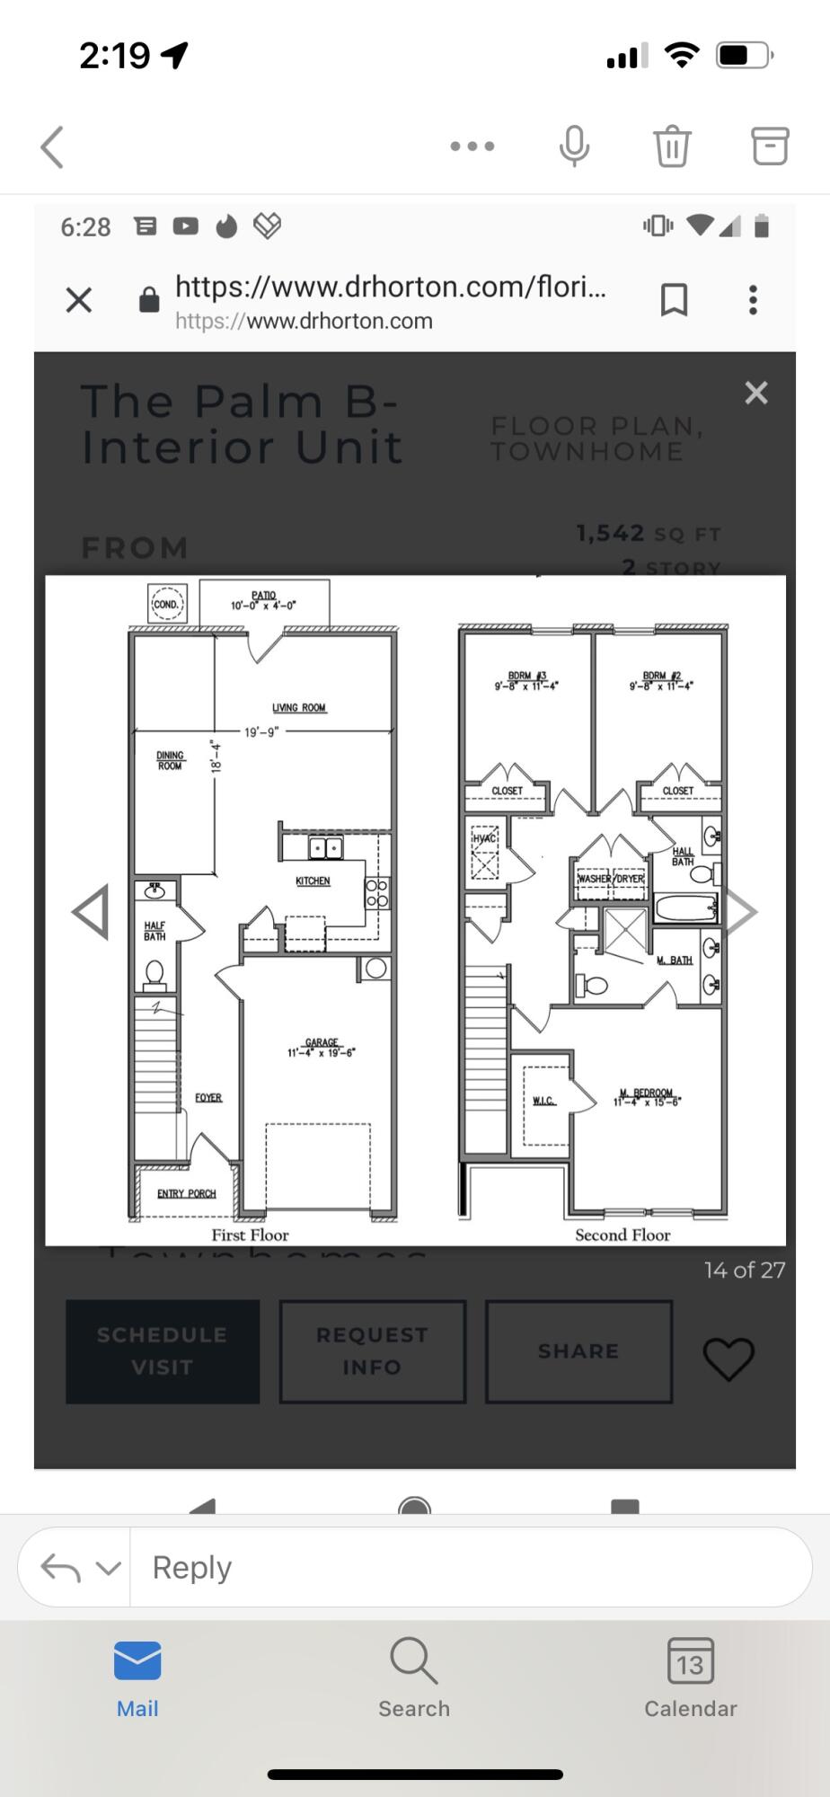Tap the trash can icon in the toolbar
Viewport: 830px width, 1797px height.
(x=672, y=146)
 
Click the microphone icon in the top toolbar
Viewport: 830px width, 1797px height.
(x=574, y=146)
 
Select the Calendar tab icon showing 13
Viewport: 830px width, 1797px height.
(x=690, y=1662)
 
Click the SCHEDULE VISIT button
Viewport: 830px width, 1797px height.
(x=163, y=1350)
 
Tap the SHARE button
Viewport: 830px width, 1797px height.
(x=578, y=1350)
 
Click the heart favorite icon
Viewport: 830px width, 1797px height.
(x=728, y=1358)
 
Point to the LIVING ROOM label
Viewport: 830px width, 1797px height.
(x=299, y=707)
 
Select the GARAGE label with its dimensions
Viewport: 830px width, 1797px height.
(x=322, y=1048)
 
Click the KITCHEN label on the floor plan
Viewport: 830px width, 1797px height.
(x=313, y=881)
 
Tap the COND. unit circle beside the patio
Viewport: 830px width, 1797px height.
(x=166, y=604)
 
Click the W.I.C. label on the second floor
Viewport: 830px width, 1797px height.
(x=543, y=1101)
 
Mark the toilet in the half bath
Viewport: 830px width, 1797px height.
(x=155, y=972)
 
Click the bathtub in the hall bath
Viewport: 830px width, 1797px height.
(x=684, y=907)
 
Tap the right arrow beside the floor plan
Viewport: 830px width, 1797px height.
(x=741, y=912)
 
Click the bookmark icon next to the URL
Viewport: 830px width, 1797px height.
(x=674, y=300)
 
